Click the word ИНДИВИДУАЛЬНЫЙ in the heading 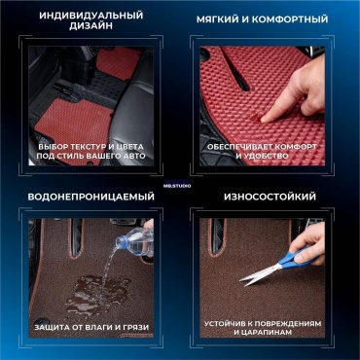click(x=91, y=16)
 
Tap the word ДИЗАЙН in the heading click(x=91, y=26)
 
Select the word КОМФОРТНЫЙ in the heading click(x=290, y=19)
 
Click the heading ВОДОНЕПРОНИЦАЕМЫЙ click(x=91, y=197)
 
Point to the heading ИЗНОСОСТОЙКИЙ click(x=270, y=197)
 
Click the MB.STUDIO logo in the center click(x=180, y=185)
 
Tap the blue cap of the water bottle click(x=121, y=242)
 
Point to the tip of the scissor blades click(x=240, y=280)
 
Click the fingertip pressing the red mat click(x=264, y=119)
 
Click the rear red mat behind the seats click(x=119, y=63)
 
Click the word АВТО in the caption click(x=134, y=156)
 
